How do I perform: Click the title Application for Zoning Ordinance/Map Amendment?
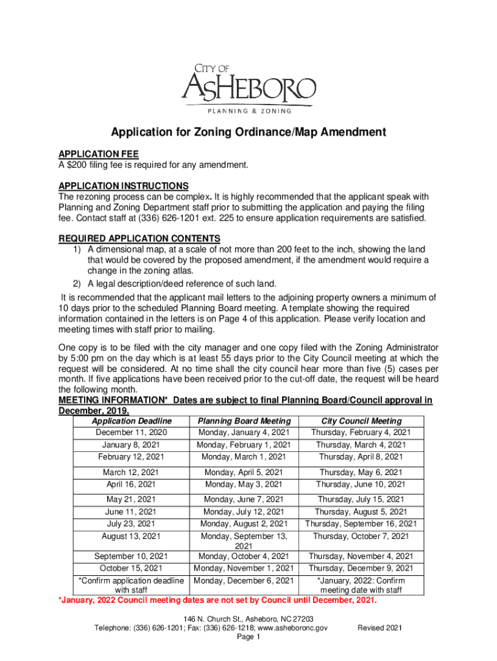[x=249, y=133]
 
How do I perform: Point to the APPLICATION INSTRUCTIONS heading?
[x=123, y=186]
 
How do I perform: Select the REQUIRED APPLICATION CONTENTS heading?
[x=139, y=238]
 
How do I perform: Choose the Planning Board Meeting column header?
[x=244, y=422]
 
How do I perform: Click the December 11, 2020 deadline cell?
[x=131, y=432]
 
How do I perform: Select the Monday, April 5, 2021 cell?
[x=244, y=473]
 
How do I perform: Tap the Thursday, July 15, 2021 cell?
[x=361, y=499]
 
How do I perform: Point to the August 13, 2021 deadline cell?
[x=131, y=536]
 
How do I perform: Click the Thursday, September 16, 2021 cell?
[x=361, y=524]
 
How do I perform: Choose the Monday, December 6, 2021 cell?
[x=244, y=580]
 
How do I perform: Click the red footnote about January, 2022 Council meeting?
[x=218, y=600]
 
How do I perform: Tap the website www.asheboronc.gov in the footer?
[x=293, y=627]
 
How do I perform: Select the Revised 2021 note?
[x=380, y=627]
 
